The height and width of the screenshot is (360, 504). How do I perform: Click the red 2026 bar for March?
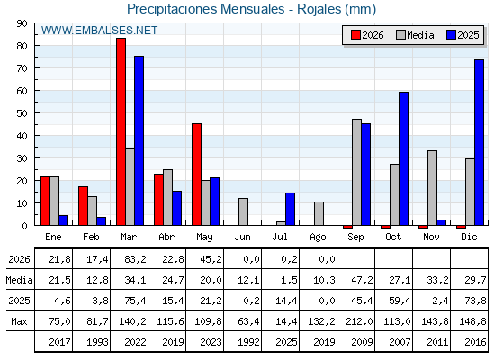click(x=121, y=131)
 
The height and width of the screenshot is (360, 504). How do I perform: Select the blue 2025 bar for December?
click(x=479, y=142)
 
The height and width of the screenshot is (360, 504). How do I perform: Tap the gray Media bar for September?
click(x=356, y=172)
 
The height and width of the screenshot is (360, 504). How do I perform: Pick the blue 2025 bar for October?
click(x=404, y=158)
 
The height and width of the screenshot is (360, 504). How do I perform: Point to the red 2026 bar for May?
click(x=197, y=175)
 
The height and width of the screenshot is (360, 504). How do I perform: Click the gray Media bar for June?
click(x=243, y=211)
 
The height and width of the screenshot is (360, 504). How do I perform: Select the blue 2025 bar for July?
click(x=290, y=209)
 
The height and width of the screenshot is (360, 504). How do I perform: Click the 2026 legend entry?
click(x=367, y=35)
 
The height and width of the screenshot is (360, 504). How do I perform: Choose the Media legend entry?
click(x=415, y=35)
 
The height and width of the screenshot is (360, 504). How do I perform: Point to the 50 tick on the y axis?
click(x=36, y=113)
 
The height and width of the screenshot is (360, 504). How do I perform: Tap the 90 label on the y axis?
click(x=22, y=23)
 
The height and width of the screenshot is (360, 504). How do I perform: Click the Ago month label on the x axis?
click(x=318, y=238)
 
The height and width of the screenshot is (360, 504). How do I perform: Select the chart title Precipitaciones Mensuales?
click(x=206, y=9)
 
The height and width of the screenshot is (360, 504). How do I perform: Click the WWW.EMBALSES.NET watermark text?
click(x=99, y=31)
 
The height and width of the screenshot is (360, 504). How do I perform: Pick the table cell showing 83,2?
click(x=135, y=259)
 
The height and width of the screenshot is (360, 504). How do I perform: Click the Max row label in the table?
click(x=19, y=321)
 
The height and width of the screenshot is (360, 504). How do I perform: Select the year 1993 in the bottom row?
click(x=97, y=342)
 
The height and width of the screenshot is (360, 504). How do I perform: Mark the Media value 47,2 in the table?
click(x=362, y=280)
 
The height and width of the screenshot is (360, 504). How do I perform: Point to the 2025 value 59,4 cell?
click(x=400, y=301)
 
